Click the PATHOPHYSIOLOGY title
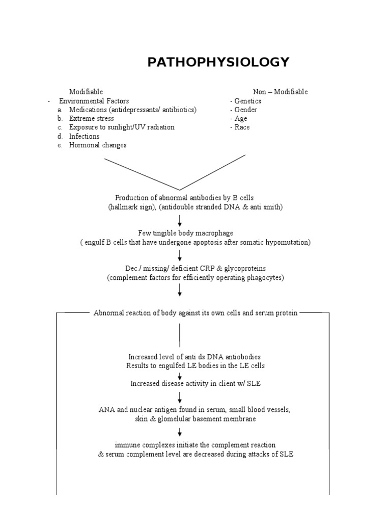tap(218, 63)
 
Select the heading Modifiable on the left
tap(86, 92)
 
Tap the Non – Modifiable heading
tap(280, 92)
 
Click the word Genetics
tap(247, 101)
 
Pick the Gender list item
tap(245, 110)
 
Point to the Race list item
tap(242, 127)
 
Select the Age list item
tap(241, 118)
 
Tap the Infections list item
tap(85, 136)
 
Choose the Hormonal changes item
tap(98, 145)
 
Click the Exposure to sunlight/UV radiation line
tap(122, 127)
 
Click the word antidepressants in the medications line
tap(133, 110)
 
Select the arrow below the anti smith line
tap(180, 220)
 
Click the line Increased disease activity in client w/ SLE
tap(195, 383)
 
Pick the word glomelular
tap(176, 419)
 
